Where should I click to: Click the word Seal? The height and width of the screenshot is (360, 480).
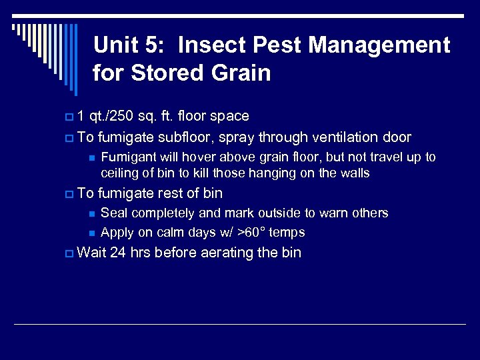[x=113, y=213]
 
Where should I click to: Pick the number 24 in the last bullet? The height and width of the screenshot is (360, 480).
[x=119, y=253]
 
